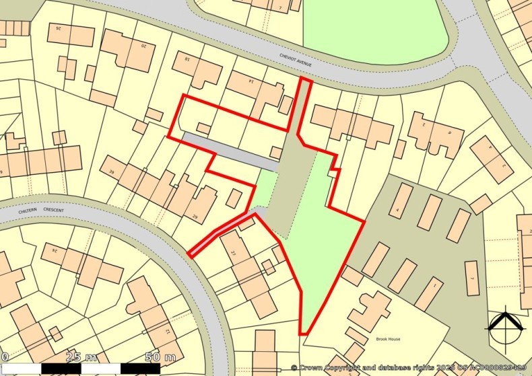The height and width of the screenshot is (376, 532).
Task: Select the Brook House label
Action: point(388,339)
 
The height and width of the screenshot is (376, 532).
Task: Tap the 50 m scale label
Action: point(161,356)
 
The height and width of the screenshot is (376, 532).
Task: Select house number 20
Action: point(143,46)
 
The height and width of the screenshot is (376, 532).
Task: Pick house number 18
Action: point(187,60)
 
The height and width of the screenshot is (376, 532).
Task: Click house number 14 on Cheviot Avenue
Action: point(251,81)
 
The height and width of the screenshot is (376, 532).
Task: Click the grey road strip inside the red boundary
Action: point(229,151)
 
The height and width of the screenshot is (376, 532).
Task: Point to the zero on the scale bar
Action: point(4,356)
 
